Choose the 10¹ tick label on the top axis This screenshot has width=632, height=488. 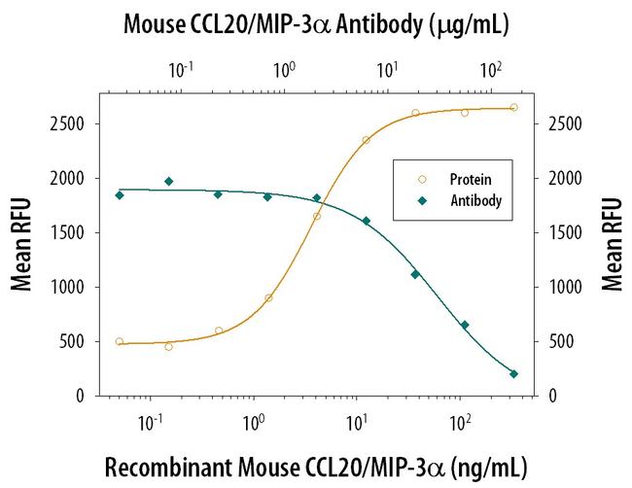coord(387,69)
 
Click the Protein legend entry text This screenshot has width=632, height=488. coord(470,180)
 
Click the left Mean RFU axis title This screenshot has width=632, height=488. coord(21,244)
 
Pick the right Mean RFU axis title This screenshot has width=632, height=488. coord(612,244)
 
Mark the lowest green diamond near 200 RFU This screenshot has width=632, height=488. coord(513,373)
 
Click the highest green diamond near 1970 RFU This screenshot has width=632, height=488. coord(168,181)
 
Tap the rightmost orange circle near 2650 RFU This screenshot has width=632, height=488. coord(513,107)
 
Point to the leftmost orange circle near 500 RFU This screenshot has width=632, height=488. coord(119,341)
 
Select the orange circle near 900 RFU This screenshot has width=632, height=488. coord(268,297)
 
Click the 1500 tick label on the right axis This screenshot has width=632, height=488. coord(565,233)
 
